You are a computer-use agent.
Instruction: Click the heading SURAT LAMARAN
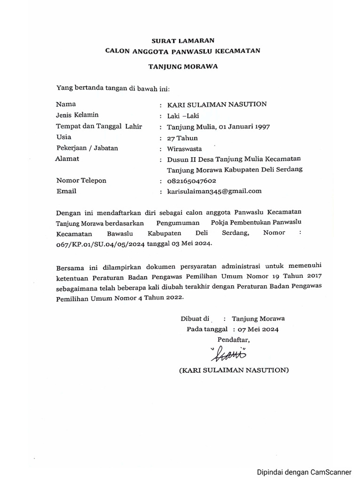coord(183,41)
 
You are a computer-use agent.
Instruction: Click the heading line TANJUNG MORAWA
coord(183,66)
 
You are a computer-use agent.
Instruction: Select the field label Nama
coord(66,104)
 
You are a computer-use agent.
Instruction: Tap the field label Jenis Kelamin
coord(77,115)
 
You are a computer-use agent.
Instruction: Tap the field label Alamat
coord(67,159)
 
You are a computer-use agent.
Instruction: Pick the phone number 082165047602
coord(191,181)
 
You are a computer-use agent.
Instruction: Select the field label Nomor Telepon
coord(81,180)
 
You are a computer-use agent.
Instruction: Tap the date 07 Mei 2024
coord(259,329)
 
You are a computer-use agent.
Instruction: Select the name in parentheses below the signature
coord(234,370)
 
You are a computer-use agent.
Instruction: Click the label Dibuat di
coord(195,318)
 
